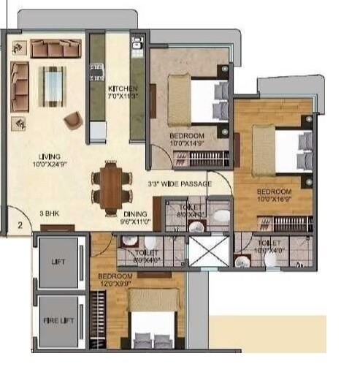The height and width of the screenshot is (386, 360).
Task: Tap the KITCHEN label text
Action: [x=122, y=91]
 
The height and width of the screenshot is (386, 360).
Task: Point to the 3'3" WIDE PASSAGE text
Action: [x=179, y=183]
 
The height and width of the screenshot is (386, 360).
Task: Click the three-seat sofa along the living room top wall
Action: [x=56, y=48]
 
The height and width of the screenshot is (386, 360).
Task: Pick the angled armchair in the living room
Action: [x=73, y=120]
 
